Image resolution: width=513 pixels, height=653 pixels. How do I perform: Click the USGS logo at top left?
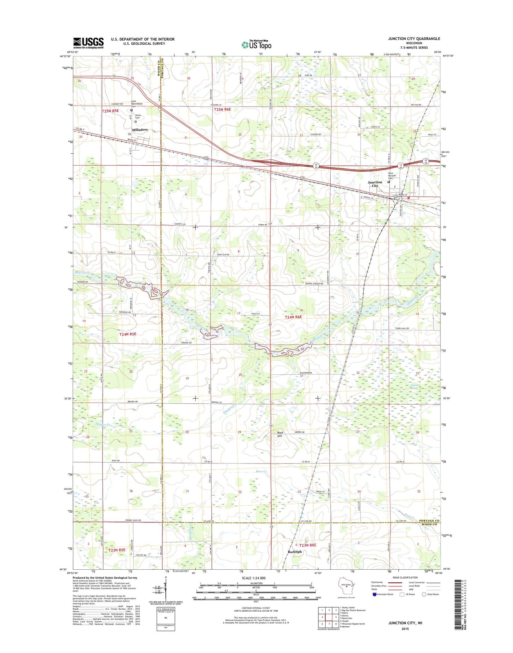(88, 43)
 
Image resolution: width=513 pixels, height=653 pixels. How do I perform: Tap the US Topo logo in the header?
(256, 44)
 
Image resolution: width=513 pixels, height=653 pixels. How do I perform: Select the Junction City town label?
(375, 184)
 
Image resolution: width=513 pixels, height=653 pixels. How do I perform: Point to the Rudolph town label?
(295, 552)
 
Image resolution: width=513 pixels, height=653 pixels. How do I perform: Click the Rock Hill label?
(280, 434)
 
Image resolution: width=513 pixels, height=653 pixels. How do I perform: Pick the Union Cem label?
(138, 116)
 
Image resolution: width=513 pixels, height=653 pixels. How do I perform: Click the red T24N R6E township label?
(293, 317)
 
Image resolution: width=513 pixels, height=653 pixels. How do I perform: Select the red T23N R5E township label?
(117, 550)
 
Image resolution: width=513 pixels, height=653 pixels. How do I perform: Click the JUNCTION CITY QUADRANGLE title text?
(414, 39)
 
